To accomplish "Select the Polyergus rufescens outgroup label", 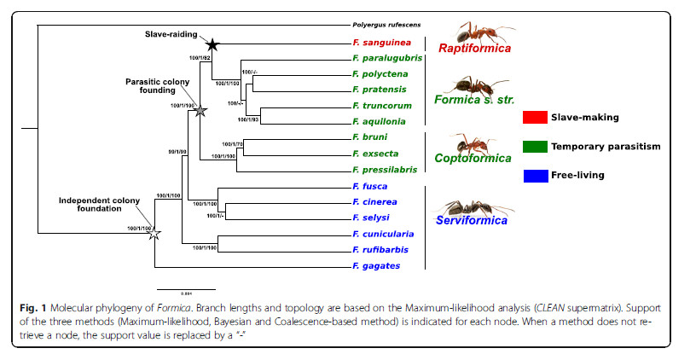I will pyautogui.click(x=384, y=26).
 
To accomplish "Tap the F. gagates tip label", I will pyautogui.click(x=375, y=265).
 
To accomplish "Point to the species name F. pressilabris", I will pyautogui.click(x=386, y=170).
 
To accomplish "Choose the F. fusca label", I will pyautogui.click(x=370, y=186).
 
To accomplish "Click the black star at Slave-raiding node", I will pyautogui.click(x=212, y=43).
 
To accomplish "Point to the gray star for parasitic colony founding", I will pyautogui.click(x=200, y=110).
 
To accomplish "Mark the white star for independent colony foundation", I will pyautogui.click(x=154, y=234).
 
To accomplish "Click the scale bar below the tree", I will pyautogui.click(x=186, y=288).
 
